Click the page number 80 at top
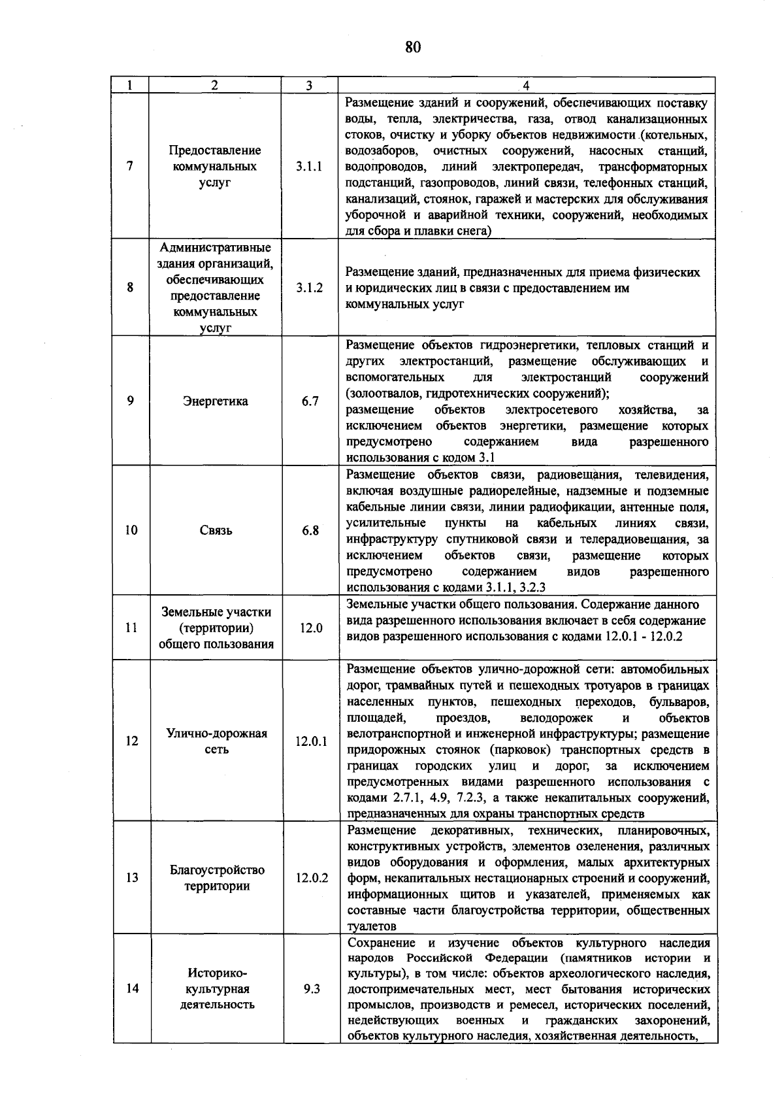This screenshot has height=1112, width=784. click(412, 48)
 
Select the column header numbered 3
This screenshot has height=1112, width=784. click(309, 86)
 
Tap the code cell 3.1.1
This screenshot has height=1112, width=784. click(309, 167)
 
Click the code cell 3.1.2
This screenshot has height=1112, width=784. click(309, 288)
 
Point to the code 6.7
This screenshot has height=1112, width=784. click(310, 401)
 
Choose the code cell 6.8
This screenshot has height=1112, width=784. click(310, 530)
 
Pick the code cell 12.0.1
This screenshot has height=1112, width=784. click(311, 741)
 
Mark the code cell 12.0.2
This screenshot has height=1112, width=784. click(311, 877)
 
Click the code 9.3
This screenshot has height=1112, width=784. click(312, 988)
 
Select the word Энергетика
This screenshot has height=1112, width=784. click(216, 401)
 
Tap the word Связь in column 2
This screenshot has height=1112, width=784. click(216, 530)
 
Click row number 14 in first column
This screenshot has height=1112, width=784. click(132, 988)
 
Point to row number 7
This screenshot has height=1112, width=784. click(131, 167)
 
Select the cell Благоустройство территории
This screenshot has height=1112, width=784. click(217, 878)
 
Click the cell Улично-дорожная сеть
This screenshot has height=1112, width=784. click(217, 741)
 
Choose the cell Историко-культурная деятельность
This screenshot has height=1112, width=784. click(217, 988)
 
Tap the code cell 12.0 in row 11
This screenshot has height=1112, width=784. click(311, 628)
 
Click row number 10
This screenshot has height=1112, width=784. click(131, 530)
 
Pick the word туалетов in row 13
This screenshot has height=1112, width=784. click(371, 926)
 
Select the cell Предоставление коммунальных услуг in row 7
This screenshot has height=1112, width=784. click(215, 167)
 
